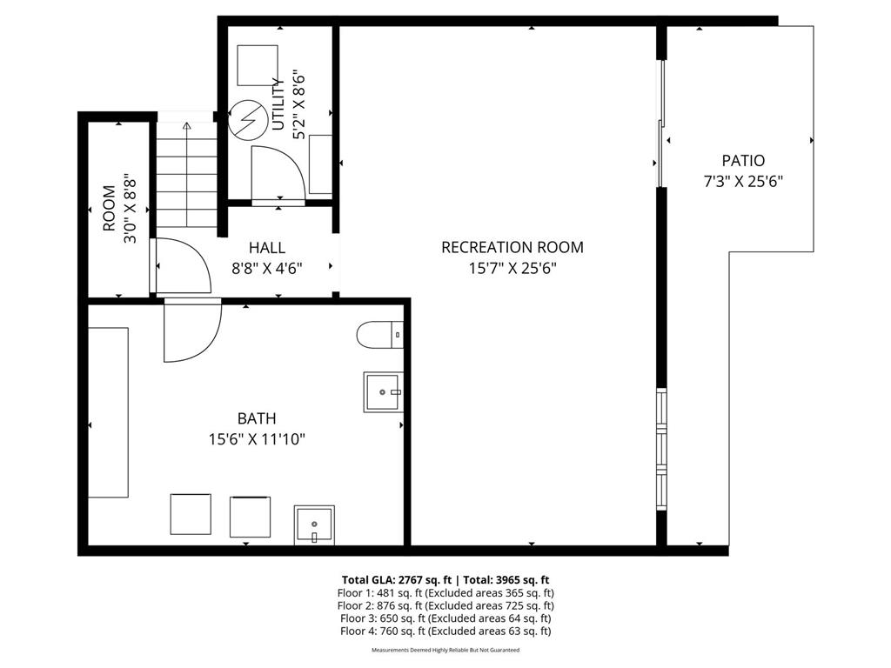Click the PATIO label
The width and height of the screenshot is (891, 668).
743,161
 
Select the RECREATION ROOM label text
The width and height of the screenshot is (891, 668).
512,247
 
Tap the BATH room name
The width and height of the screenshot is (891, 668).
257,418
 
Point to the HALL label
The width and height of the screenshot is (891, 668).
266,248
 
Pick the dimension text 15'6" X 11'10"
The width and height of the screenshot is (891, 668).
257,439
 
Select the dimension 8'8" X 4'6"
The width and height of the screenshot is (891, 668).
266,268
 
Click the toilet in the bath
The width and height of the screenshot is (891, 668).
380,334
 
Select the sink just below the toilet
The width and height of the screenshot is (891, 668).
383,392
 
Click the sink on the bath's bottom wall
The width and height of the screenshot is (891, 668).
314,524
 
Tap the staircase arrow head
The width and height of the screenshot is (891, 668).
186,125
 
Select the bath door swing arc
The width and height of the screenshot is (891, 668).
191,331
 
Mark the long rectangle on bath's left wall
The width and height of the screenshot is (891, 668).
108,412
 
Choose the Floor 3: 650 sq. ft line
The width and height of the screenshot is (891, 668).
445,618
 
